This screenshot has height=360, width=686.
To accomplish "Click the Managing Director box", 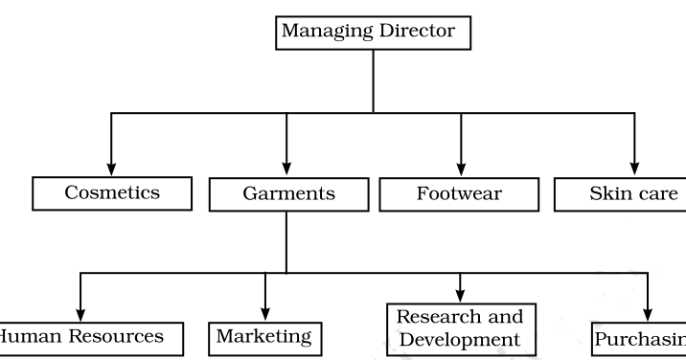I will click(373, 33).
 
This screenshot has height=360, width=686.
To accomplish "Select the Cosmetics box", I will click(112, 192).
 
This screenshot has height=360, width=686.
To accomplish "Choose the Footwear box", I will click(461, 193).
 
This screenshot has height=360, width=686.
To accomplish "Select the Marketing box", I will click(263, 337).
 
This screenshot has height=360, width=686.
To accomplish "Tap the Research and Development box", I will click(461, 327).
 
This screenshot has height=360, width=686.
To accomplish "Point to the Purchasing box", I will click(639, 338).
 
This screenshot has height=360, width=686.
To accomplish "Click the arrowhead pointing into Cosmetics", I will click(112, 169).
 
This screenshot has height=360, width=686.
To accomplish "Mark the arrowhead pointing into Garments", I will click(286, 169).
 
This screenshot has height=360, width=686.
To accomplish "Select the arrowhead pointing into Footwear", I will click(461, 169).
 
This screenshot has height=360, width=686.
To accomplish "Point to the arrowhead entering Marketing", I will click(264, 313).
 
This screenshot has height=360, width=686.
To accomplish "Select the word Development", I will click(461, 339).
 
